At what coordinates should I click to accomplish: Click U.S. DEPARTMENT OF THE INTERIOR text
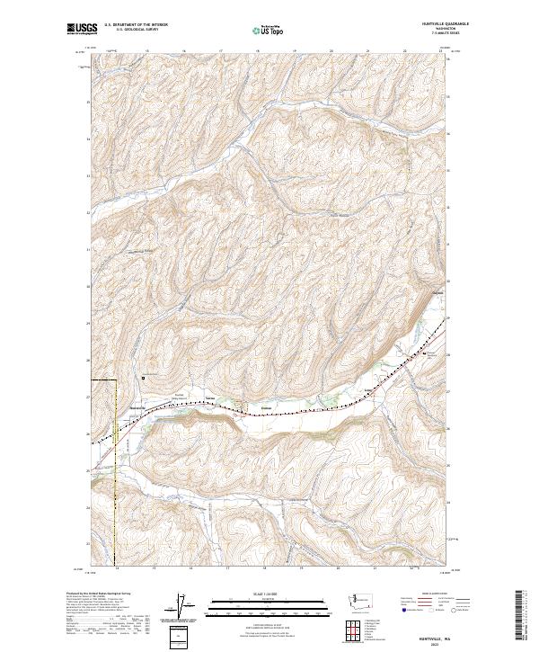click(137, 24)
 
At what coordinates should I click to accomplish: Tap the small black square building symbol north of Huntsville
click(142, 379)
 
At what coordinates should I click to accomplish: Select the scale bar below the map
click(258, 609)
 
